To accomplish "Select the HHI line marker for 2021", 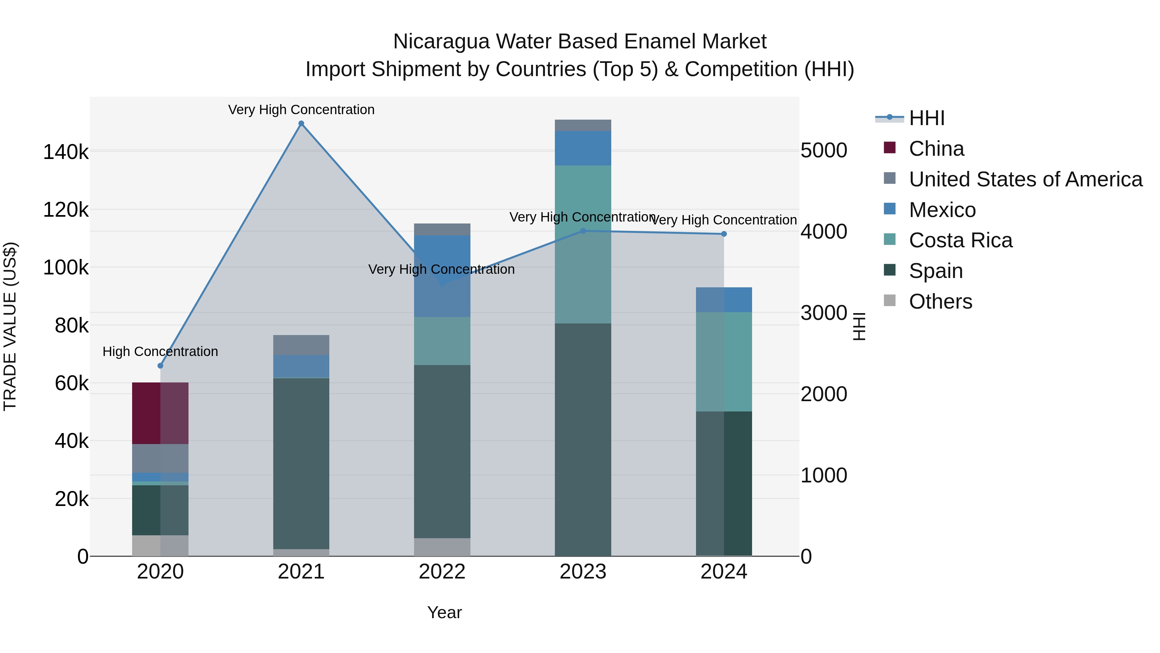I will (301, 124).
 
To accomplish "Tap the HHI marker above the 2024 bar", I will (724, 234).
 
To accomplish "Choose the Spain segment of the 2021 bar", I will (301, 463).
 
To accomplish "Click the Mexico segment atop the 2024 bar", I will (724, 300).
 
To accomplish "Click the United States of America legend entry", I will (1025, 179).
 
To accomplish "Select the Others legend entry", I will (940, 302).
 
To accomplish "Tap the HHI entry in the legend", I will (926, 118).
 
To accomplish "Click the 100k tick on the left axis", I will (66, 268).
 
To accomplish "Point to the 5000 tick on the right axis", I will (824, 151).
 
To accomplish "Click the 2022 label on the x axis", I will (442, 572).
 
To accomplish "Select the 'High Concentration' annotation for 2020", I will (160, 351).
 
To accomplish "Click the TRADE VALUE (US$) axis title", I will (10, 326).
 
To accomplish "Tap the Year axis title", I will (444, 612).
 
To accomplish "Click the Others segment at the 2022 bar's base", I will (442, 547).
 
